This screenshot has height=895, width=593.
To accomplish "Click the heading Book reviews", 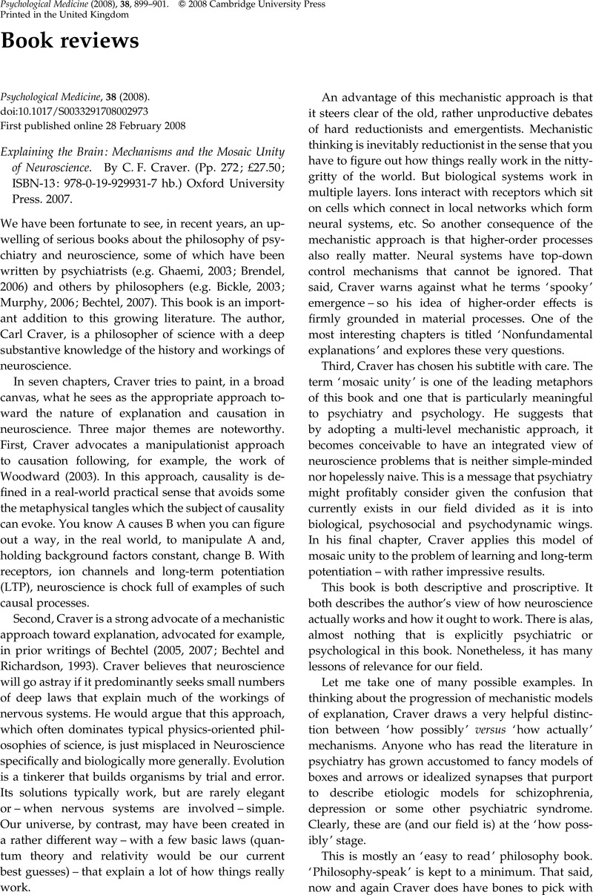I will (70, 42).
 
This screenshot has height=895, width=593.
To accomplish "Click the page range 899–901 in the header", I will (153, 4).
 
